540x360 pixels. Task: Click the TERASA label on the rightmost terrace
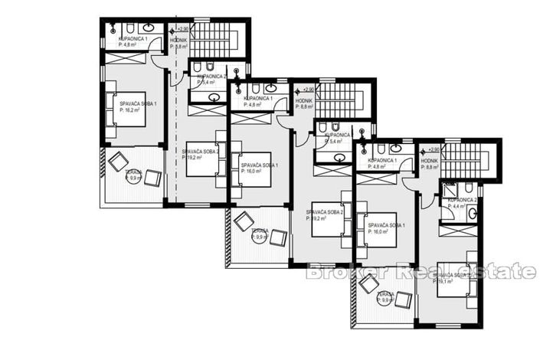click(x=385, y=293)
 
